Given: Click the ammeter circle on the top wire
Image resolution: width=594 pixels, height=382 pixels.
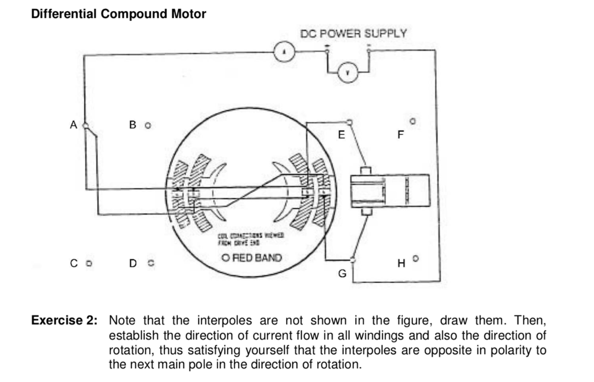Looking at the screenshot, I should click(x=284, y=54).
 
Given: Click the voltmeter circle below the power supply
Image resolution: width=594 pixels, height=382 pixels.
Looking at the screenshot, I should click(x=347, y=72).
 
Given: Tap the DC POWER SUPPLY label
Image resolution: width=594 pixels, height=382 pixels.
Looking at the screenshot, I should click(x=353, y=33).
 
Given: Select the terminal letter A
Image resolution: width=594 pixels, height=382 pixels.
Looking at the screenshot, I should click(x=73, y=125).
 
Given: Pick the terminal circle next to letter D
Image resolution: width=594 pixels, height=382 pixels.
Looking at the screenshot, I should click(x=150, y=264).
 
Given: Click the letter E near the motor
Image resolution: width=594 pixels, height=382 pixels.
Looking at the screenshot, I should click(x=341, y=136).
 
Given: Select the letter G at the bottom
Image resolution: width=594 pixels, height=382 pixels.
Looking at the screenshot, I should click(x=342, y=274).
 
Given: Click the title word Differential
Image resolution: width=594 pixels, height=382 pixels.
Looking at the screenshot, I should click(x=64, y=14).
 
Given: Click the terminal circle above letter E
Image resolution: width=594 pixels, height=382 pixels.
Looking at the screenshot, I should click(x=349, y=122).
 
